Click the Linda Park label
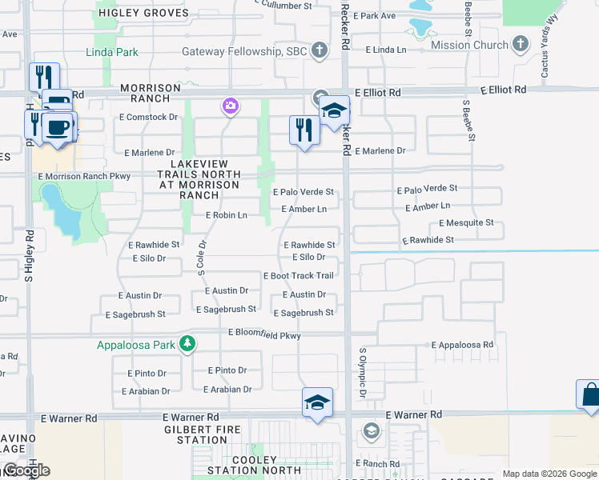coord(112,53)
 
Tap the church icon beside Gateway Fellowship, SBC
coord(320,52)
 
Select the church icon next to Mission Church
coord(521,44)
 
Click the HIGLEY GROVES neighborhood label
coord(143,13)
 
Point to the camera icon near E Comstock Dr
coord(230,106)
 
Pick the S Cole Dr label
coord(203,258)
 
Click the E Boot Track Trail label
coord(298,276)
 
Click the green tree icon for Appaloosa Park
coord(187,344)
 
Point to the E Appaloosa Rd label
coord(462,345)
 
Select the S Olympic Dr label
coord(362,372)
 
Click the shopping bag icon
coord(589,394)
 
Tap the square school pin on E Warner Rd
coord(317,402)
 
